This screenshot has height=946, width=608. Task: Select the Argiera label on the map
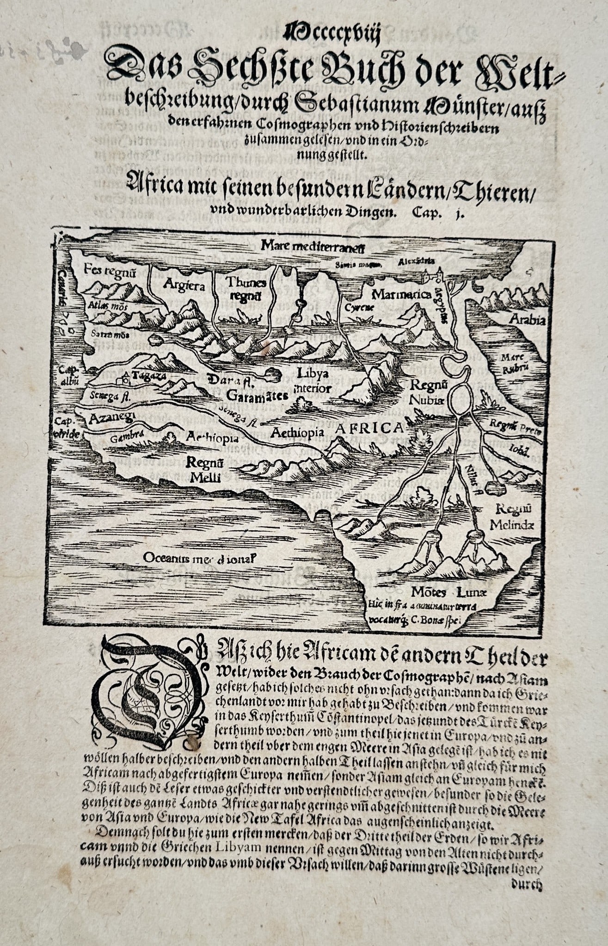(x=184, y=285)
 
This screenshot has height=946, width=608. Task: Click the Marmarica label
(x=401, y=294)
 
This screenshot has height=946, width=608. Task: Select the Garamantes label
(x=257, y=395)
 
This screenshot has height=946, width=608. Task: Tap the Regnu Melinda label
(x=512, y=516)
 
